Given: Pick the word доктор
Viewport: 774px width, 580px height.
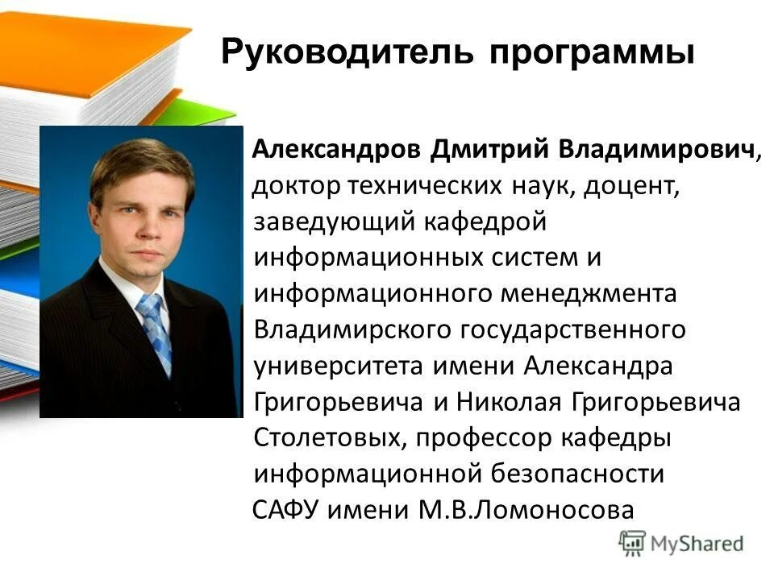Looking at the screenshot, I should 297,187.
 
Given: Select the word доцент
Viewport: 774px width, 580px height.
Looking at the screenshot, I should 633,187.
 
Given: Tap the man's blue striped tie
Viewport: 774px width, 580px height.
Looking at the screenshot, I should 156,329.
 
